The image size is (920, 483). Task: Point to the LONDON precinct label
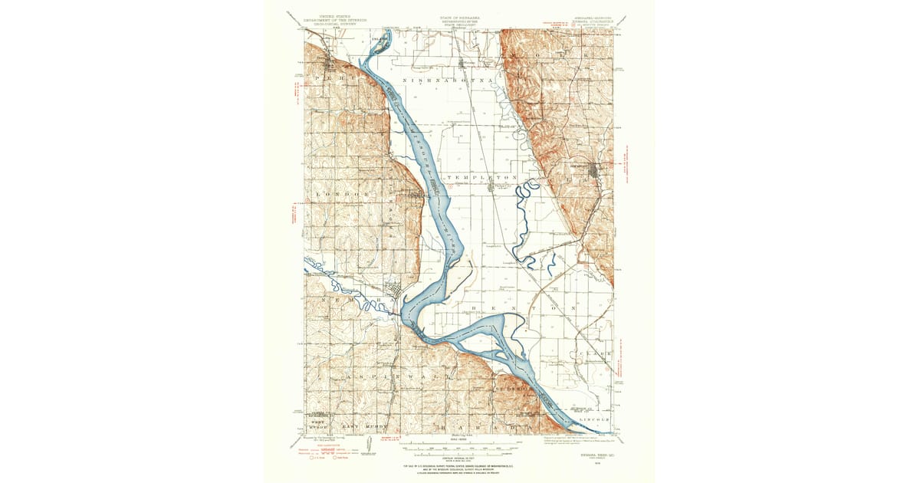pyautogui.click(x=341, y=195)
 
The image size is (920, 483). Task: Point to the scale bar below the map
pyautogui.click(x=460, y=445)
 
